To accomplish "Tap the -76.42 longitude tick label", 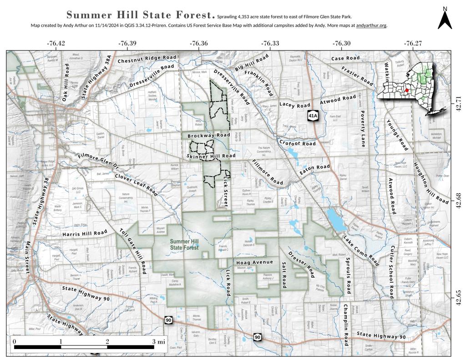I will (x=56, y=43).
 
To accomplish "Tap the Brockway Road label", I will (x=208, y=136).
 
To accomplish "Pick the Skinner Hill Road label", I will (x=211, y=156).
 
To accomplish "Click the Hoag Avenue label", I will (x=254, y=262).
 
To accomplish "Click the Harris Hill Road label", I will (x=85, y=233).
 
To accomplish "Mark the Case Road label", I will (x=345, y=58).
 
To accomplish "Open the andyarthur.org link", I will (x=371, y=25).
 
